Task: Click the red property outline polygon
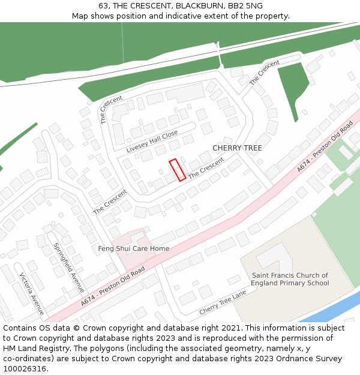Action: pyautogui.click(x=177, y=170)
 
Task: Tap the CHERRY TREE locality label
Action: pyautogui.click(x=237, y=148)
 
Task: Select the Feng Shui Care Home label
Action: pyautogui.click(x=133, y=248)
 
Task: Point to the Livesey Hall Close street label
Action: pyautogui.click(x=152, y=141)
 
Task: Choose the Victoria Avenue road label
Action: pyautogui.click(x=32, y=294)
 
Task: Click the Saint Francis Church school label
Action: pyautogui.click(x=290, y=279)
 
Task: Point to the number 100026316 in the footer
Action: pyautogui.click(x=25, y=368)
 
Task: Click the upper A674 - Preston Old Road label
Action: pyautogui.click(x=325, y=147)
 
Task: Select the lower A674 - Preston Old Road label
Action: pyautogui.click(x=113, y=288)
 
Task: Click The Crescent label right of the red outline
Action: pyautogui.click(x=206, y=168)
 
